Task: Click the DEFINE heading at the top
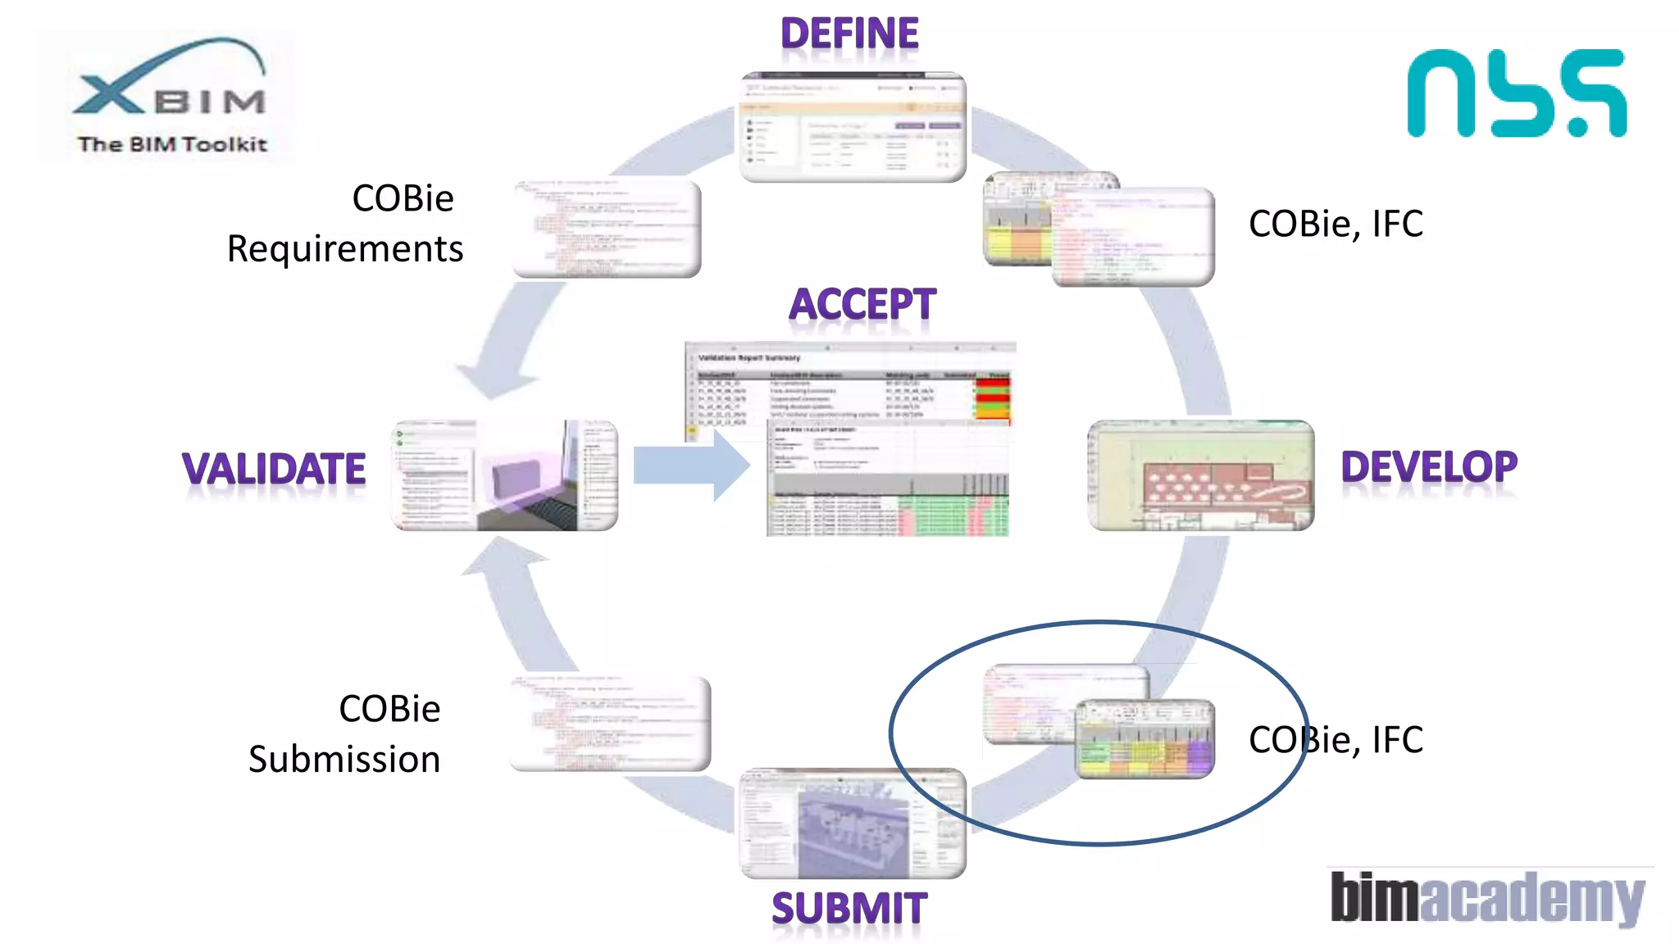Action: [849, 34]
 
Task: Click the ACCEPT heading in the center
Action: [862, 305]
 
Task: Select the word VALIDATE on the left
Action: [274, 470]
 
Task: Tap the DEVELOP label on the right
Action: [1428, 467]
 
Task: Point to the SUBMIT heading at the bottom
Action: [849, 909]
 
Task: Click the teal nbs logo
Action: [1517, 93]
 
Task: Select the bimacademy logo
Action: [1487, 897]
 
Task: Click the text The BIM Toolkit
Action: [172, 145]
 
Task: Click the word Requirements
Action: [344, 249]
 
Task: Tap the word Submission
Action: [344, 760]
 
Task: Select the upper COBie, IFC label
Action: [1335, 224]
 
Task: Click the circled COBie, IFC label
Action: [1335, 740]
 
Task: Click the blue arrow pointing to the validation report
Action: [691, 465]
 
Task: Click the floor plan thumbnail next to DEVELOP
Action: [1200, 475]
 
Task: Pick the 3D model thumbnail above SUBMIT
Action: [853, 823]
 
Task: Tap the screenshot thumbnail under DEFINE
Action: [853, 127]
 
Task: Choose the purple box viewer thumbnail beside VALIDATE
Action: [505, 475]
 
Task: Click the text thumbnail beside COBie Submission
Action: [610, 724]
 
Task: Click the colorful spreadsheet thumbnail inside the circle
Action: [1144, 739]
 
